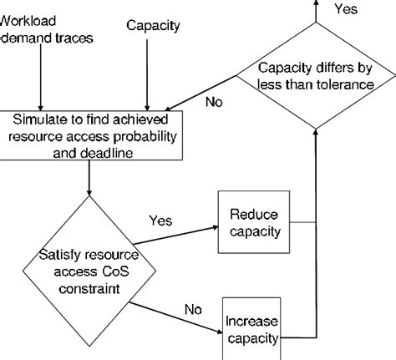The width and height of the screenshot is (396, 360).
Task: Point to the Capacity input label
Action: (153, 25)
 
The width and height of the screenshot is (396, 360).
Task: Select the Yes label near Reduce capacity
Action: (160, 221)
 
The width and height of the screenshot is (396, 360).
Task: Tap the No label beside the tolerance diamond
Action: (215, 104)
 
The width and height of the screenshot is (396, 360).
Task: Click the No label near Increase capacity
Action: (193, 311)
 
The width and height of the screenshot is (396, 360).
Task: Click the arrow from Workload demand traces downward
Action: (40, 79)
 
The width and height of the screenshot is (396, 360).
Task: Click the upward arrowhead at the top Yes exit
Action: (315, 4)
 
